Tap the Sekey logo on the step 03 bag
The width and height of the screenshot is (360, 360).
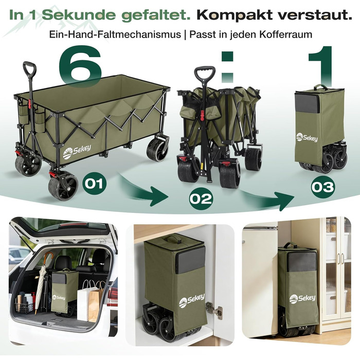point(307,137)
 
